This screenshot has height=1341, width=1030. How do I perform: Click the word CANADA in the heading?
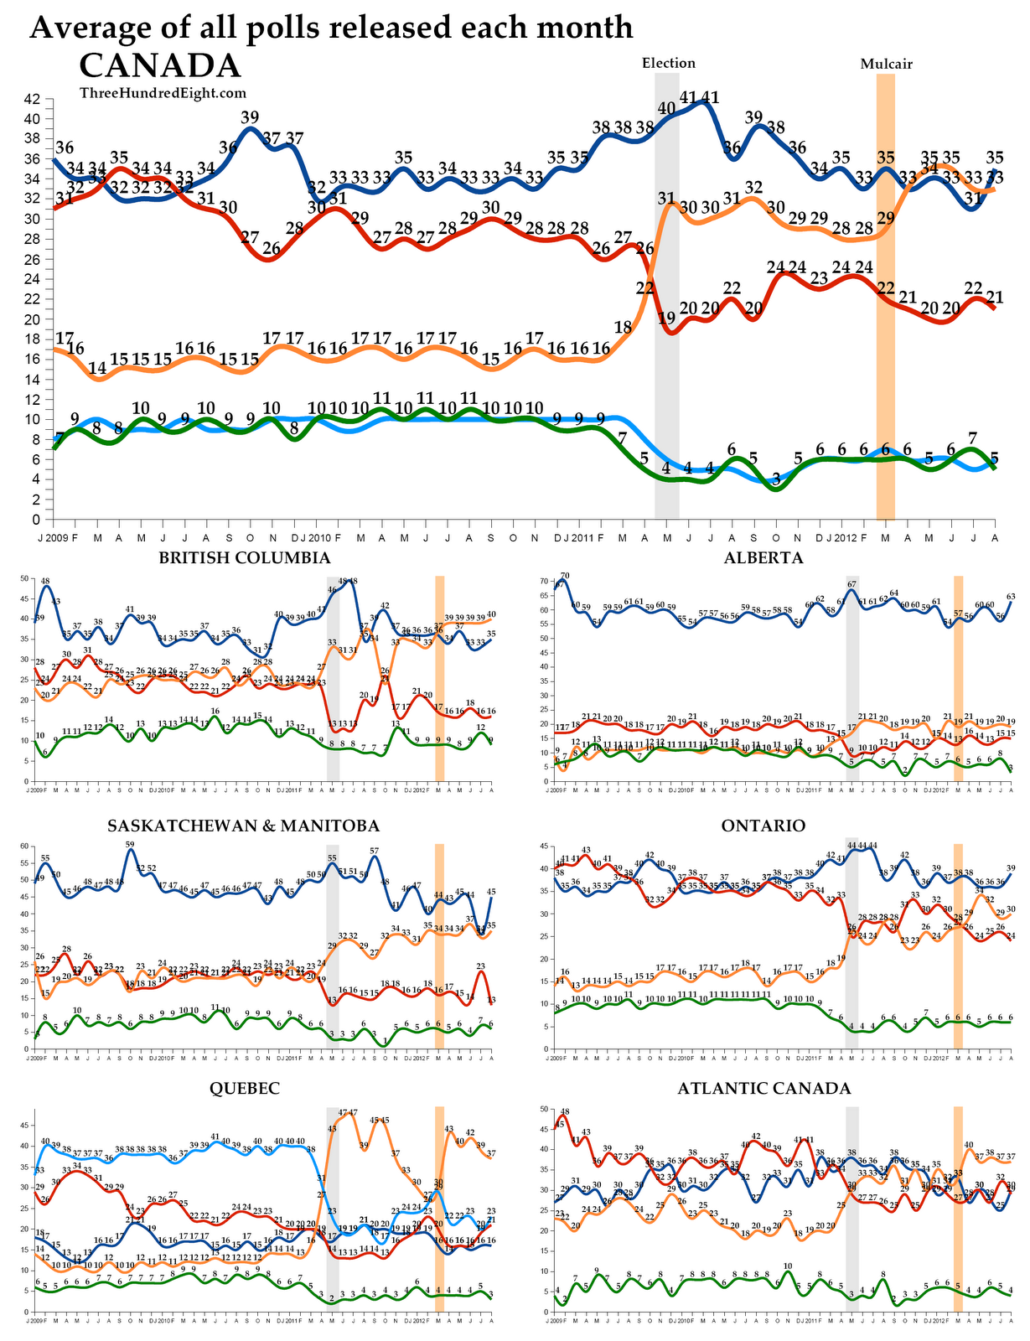(x=159, y=66)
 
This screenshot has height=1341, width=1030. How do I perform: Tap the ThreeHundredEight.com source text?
(x=163, y=93)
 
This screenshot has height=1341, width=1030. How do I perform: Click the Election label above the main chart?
(x=668, y=63)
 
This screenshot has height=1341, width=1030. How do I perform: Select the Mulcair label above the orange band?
(x=886, y=64)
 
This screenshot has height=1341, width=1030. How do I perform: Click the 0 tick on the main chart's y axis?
(x=36, y=520)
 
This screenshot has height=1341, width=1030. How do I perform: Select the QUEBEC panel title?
(x=244, y=1088)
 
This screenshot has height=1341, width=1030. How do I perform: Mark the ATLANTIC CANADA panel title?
(x=763, y=1088)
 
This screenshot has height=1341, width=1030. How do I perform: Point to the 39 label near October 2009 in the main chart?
(x=250, y=116)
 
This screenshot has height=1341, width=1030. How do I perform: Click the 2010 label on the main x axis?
(x=319, y=536)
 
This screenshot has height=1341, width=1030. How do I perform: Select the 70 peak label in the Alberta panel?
(x=565, y=576)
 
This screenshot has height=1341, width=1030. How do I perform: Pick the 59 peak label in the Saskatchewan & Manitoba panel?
(x=130, y=845)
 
